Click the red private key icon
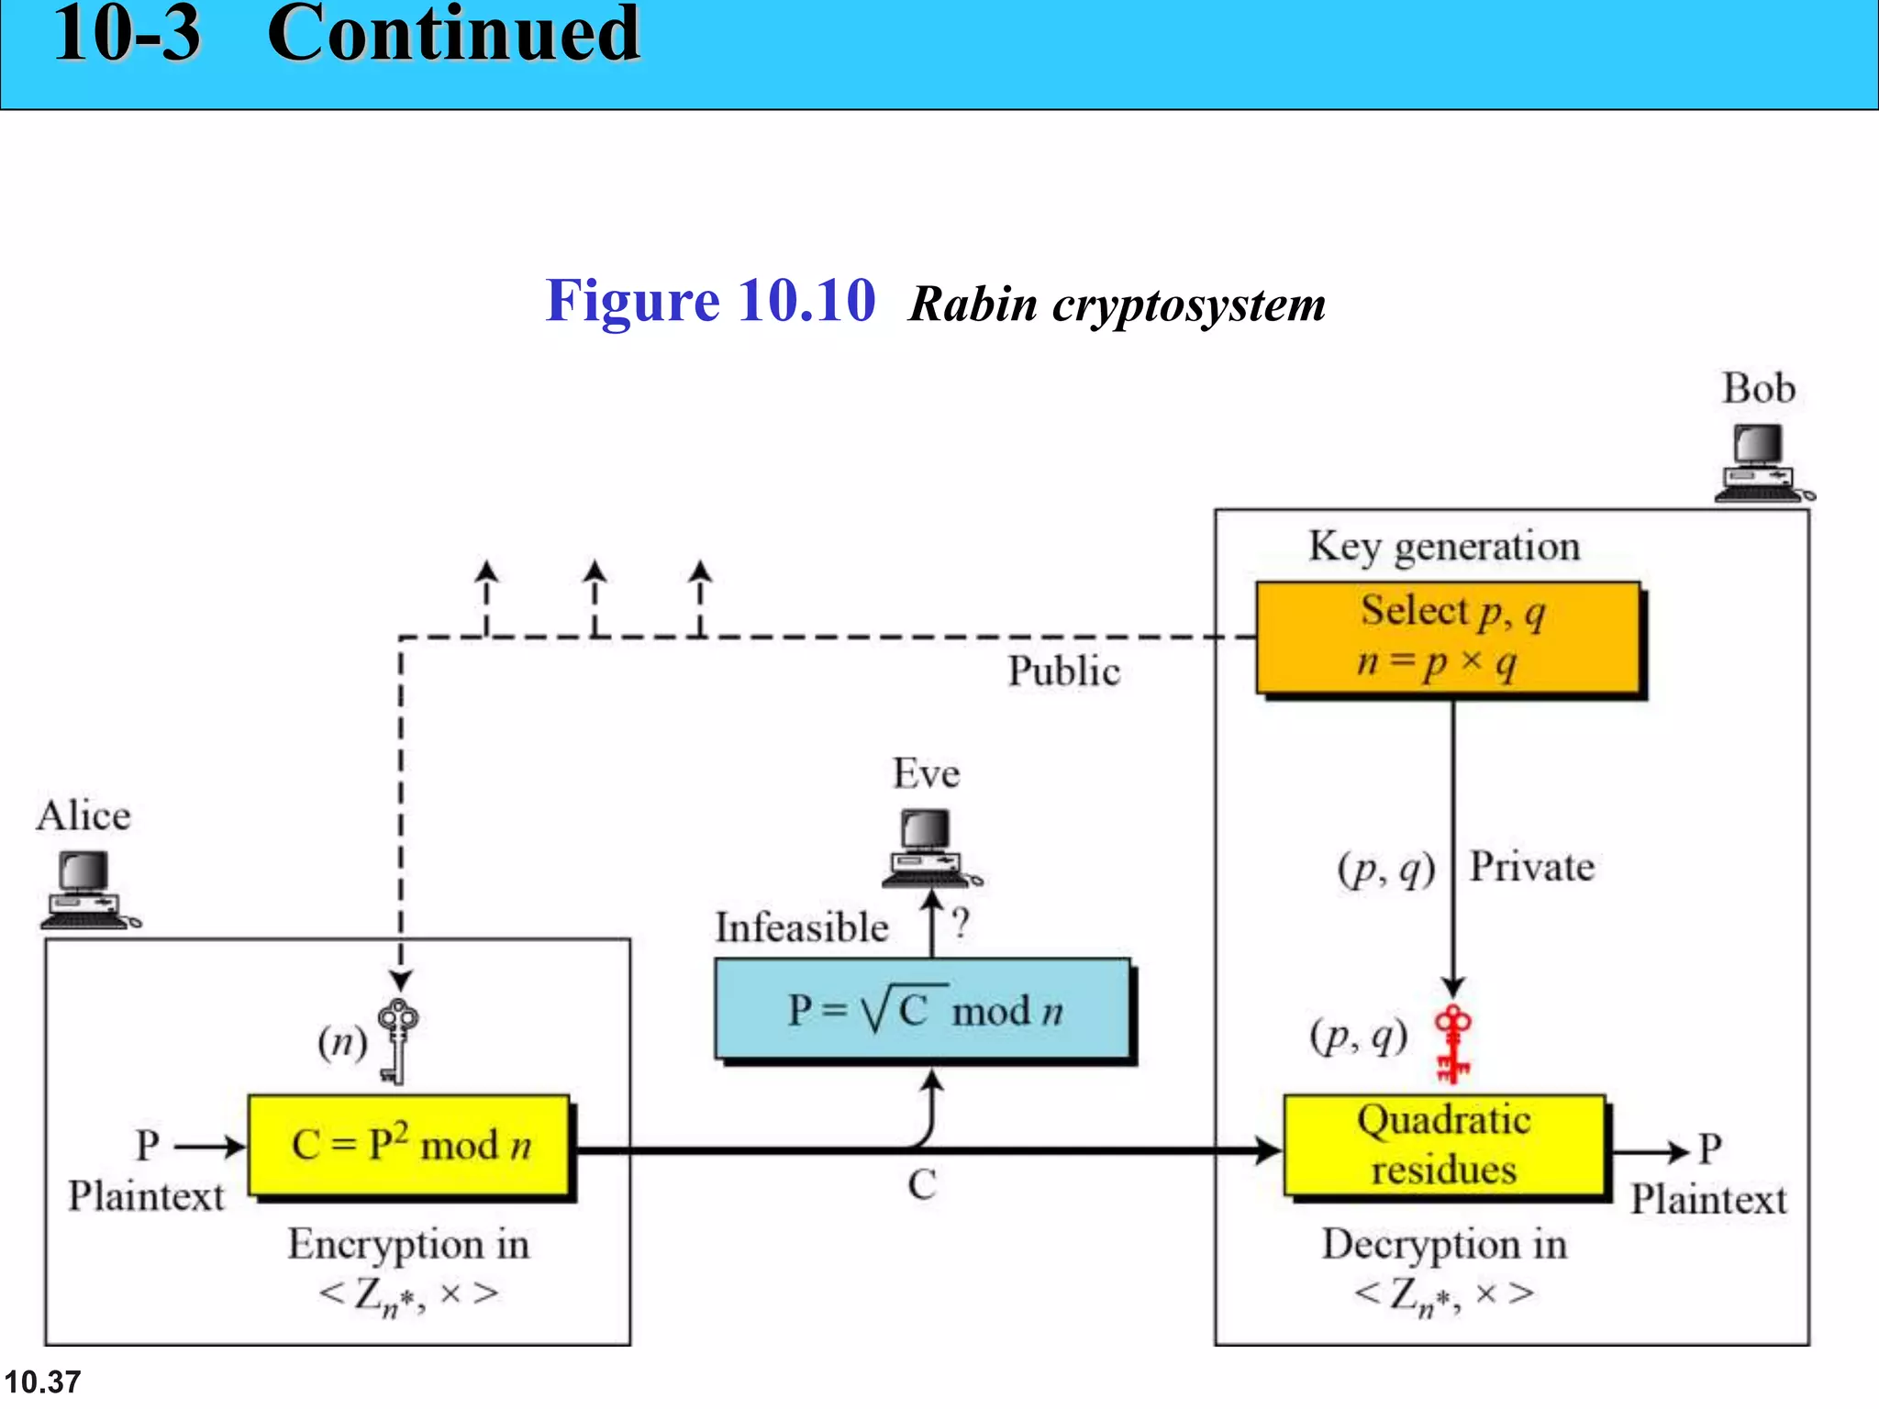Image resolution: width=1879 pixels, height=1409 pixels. click(x=1452, y=1044)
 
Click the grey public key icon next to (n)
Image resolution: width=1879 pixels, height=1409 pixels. click(x=397, y=1041)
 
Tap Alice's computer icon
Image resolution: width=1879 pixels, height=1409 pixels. click(x=87, y=890)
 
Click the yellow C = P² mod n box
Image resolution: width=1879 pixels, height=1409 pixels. click(x=409, y=1145)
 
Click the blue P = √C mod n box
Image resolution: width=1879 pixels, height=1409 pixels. click(x=923, y=1010)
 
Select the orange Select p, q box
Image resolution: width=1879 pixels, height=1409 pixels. click(x=1449, y=638)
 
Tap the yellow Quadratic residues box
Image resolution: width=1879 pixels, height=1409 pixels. click(x=1445, y=1145)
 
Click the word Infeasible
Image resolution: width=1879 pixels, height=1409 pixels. click(x=802, y=927)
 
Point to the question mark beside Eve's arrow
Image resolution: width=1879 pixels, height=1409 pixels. click(x=960, y=924)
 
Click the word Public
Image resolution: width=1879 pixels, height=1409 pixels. click(x=1063, y=671)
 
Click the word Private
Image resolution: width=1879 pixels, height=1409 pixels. click(x=1531, y=867)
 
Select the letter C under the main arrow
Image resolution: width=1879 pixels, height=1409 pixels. click(x=921, y=1185)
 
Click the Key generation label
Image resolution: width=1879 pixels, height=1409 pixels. click(x=1444, y=547)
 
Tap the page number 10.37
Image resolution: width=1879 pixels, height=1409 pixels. click(x=42, y=1381)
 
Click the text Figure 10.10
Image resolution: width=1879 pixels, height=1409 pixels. click(x=710, y=301)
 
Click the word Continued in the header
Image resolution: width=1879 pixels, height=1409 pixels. click(x=453, y=35)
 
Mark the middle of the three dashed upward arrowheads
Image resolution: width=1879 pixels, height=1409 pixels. click(x=595, y=571)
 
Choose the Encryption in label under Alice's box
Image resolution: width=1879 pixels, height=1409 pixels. click(x=408, y=1245)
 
